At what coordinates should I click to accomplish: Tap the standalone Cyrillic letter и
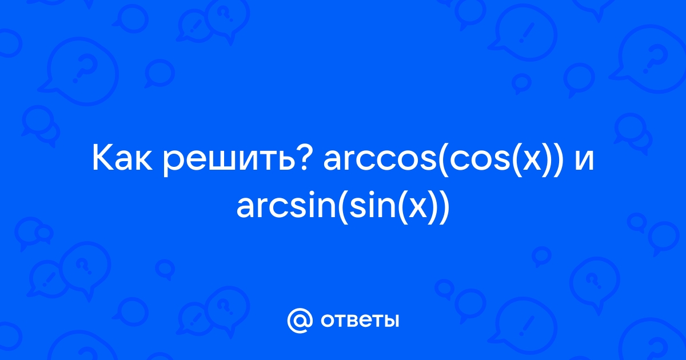(x=584, y=161)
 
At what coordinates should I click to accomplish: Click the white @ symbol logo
(x=300, y=320)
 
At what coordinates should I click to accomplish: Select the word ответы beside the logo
(x=360, y=321)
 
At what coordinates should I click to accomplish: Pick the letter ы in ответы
(x=390, y=321)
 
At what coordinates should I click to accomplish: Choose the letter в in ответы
(x=346, y=321)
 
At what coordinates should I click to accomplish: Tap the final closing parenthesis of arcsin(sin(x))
(x=445, y=207)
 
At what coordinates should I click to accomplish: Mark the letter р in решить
(x=173, y=164)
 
